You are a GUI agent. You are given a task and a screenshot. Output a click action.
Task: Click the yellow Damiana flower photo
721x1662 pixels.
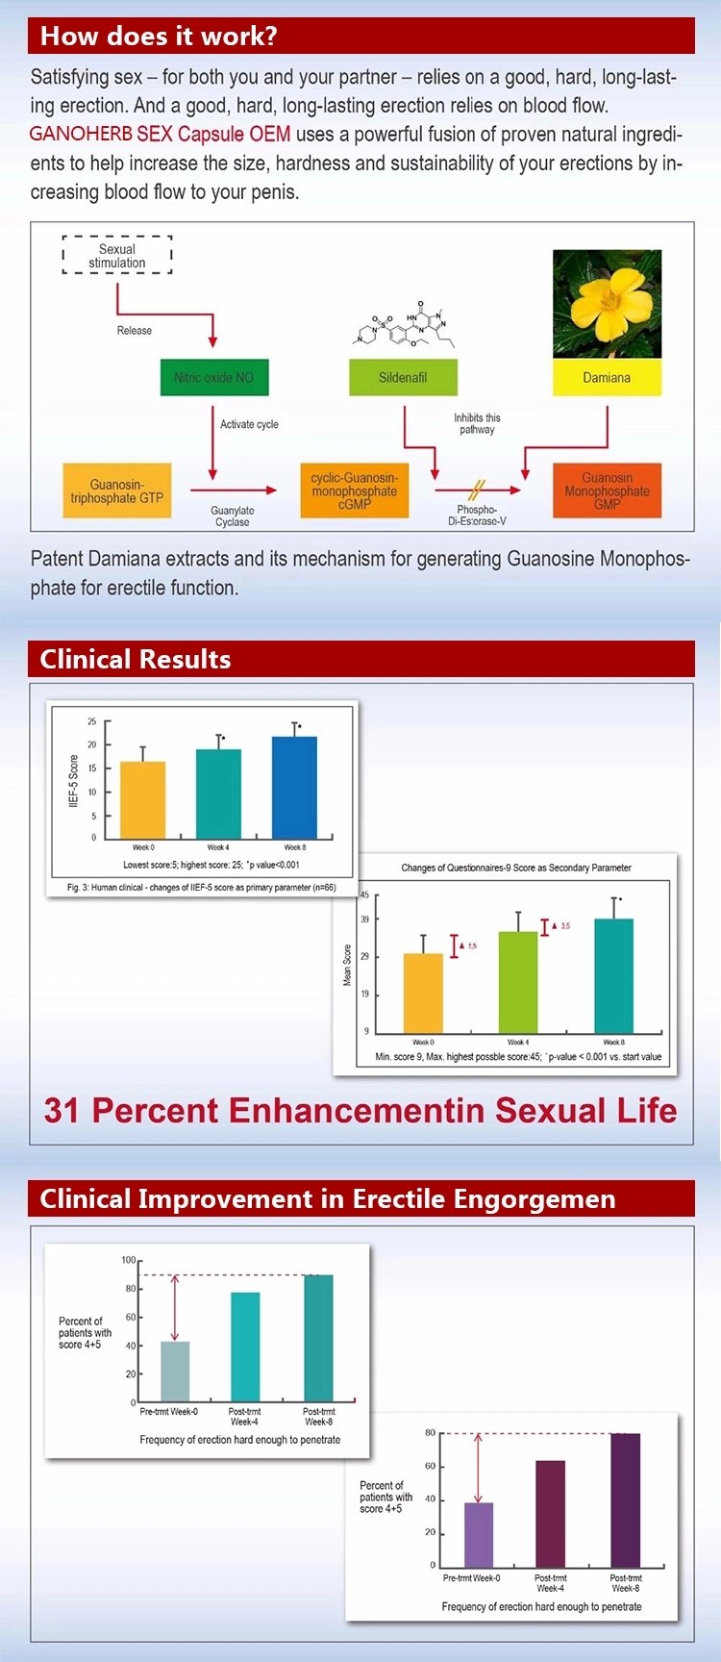(607, 304)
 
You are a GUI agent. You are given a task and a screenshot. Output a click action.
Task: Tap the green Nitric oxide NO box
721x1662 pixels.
(213, 378)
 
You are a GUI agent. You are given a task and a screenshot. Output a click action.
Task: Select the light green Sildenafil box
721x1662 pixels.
(402, 378)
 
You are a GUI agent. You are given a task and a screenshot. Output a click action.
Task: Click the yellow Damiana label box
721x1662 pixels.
(607, 378)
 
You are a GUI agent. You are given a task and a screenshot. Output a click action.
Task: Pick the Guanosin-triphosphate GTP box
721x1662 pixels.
(116, 491)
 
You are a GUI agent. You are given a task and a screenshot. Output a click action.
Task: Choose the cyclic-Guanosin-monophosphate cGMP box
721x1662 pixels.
(354, 491)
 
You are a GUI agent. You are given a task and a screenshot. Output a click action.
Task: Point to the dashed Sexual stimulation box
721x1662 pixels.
(117, 256)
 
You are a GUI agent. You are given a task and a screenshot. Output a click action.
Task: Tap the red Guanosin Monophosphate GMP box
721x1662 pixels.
(607, 491)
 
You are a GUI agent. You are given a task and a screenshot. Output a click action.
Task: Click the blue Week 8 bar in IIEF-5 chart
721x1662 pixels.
(294, 789)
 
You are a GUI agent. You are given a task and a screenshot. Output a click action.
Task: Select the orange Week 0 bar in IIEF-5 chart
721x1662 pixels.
(142, 801)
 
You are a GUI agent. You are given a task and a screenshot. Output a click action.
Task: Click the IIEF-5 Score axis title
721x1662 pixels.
(74, 780)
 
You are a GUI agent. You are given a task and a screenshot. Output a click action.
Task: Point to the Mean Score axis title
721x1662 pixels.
(347, 965)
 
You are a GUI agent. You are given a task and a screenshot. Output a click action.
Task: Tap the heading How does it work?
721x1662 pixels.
(159, 37)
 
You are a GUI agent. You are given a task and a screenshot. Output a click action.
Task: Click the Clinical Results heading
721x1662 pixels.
(136, 660)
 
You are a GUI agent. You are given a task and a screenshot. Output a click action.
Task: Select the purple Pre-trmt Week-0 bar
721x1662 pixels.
(479, 1535)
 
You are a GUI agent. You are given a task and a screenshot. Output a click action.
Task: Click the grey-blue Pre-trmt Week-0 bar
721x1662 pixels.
(175, 1372)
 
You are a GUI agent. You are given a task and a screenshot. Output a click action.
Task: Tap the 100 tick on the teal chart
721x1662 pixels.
(129, 1260)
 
